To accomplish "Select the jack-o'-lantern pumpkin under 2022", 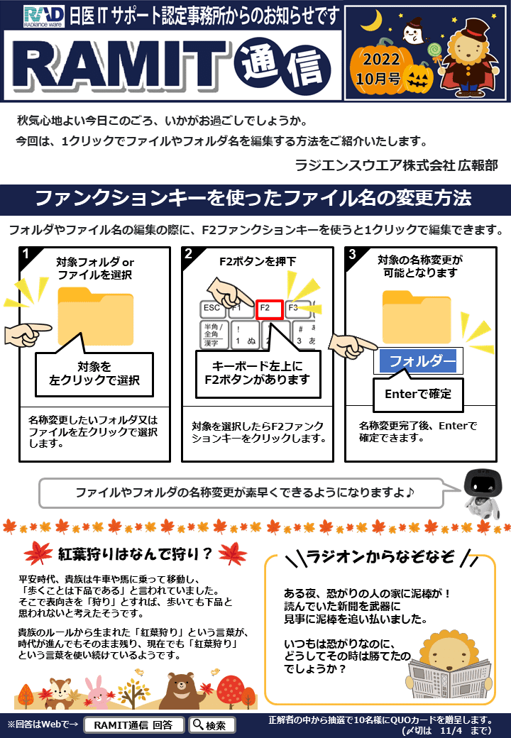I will [x=424, y=76].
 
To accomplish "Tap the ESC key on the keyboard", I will [x=212, y=309].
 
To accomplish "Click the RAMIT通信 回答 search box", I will [x=133, y=725].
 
